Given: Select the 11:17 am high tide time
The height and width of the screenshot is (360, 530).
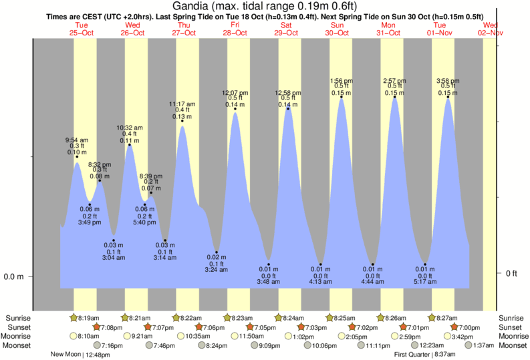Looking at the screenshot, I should pyautogui.click(x=182, y=104).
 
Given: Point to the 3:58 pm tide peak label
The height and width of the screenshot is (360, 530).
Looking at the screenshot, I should pyautogui.click(x=447, y=80).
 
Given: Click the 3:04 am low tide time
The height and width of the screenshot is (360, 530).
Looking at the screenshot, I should pyautogui.click(x=114, y=257).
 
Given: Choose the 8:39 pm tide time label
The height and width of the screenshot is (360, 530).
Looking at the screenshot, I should pyautogui.click(x=150, y=176).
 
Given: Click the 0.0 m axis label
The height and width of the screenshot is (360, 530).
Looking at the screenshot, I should pyautogui.click(x=14, y=277).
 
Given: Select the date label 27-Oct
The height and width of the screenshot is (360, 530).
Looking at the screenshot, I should pyautogui.click(x=183, y=33).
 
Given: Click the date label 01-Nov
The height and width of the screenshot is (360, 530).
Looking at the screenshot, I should pyautogui.click(x=440, y=33).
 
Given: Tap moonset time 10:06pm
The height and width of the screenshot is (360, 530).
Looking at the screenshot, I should pyautogui.click(x=325, y=346).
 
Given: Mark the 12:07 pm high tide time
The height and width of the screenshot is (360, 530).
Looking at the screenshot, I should pyautogui.click(x=235, y=92).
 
